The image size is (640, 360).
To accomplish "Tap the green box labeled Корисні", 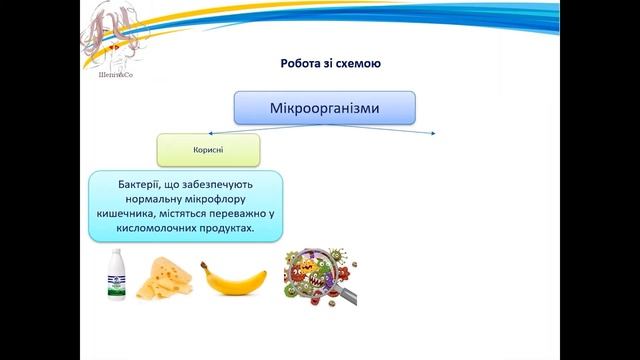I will click(208, 149).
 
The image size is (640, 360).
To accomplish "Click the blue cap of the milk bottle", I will click(118, 255).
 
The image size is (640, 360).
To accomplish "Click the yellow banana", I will click(234, 279).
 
